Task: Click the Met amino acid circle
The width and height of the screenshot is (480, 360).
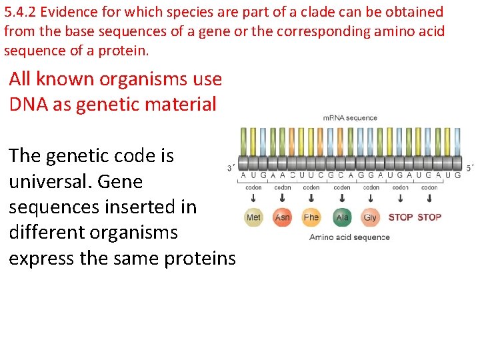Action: (x=253, y=217)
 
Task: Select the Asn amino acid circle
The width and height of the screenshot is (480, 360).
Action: (x=283, y=217)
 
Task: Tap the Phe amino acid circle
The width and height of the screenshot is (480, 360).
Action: (x=311, y=217)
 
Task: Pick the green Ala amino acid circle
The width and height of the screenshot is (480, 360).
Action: (x=342, y=217)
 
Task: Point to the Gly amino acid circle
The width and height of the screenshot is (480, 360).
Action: (x=370, y=217)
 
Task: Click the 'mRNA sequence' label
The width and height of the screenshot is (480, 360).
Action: (x=350, y=118)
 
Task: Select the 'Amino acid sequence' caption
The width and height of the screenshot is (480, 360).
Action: (x=349, y=237)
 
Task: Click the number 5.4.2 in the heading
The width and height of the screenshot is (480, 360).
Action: (x=19, y=12)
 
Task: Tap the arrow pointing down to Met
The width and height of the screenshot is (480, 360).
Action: (x=253, y=199)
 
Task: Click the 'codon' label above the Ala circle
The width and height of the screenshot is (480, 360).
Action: (x=342, y=188)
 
